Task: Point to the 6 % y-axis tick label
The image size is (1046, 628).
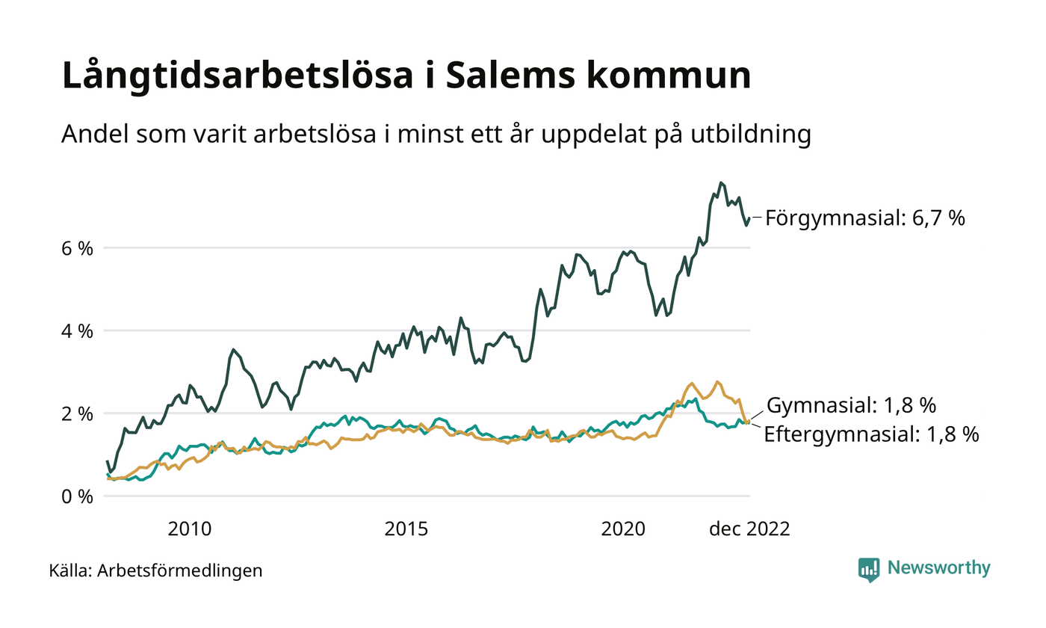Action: [77, 248]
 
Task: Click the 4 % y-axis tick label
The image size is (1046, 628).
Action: [77, 330]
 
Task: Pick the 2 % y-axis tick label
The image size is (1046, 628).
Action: [77, 413]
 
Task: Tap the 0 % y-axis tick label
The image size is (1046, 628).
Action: [77, 496]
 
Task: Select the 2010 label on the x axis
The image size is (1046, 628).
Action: [190, 529]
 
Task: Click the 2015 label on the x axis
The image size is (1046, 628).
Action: [406, 529]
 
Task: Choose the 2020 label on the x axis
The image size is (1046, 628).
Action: [622, 529]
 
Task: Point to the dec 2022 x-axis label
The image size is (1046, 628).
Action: [749, 529]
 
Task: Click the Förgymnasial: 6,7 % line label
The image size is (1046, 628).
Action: [865, 218]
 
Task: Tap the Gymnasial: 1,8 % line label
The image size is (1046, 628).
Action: [852, 406]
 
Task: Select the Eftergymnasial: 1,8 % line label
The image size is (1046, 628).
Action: [871, 435]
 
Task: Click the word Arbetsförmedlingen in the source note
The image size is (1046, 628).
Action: [180, 571]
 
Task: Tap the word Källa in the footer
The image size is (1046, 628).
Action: [69, 571]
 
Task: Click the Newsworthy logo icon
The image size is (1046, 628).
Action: [869, 569]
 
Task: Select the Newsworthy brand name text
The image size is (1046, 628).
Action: [938, 568]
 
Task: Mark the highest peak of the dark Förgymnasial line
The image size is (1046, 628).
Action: [720, 182]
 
